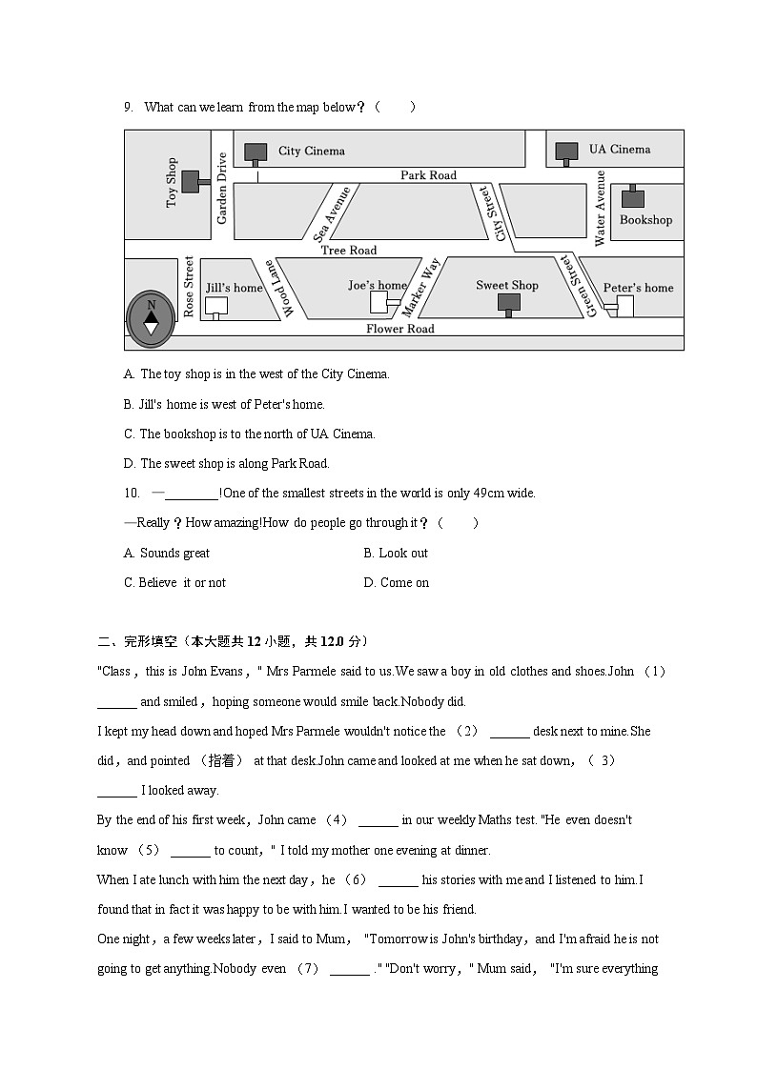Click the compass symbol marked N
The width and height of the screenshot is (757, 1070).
[151, 316]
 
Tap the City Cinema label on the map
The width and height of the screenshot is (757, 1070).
[311, 151]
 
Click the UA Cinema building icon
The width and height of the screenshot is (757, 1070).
[566, 151]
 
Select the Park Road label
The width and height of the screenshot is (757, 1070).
[428, 175]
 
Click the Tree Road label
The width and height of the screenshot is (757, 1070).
[348, 251]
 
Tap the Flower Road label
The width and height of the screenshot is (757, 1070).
[399, 329]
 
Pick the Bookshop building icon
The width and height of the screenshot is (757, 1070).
[631, 198]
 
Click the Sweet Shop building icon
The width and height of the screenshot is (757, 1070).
[507, 303]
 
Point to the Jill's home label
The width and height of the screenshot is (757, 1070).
[234, 288]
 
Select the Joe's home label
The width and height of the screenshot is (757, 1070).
[377, 285]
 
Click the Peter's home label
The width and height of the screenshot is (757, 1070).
[638, 288]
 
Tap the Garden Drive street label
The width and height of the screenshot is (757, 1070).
[222, 189]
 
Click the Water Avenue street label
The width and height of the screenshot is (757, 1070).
[600, 208]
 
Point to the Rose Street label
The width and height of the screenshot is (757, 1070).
[189, 286]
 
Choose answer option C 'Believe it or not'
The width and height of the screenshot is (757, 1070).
[174, 582]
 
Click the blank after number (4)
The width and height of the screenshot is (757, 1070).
[378, 821]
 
